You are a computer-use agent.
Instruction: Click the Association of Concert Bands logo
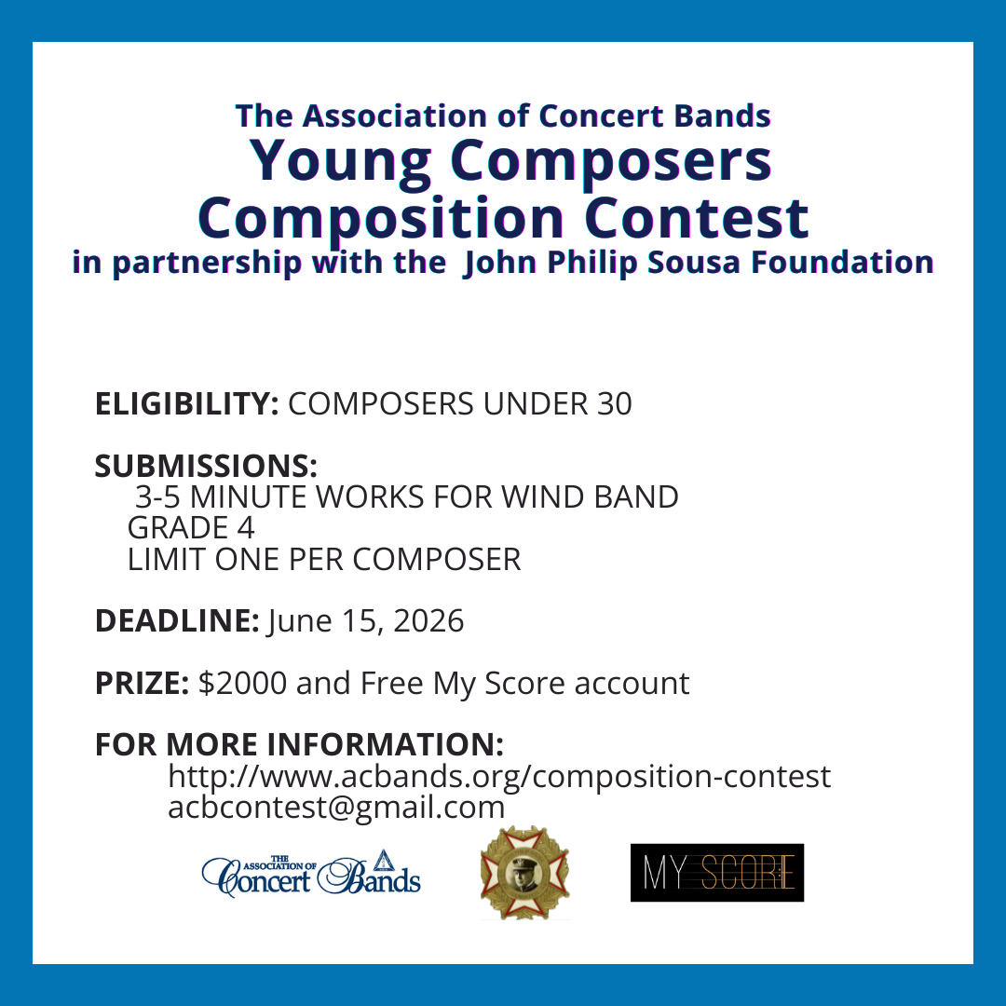(311, 873)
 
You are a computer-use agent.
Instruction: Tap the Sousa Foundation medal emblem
(524, 873)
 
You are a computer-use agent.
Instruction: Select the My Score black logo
(716, 873)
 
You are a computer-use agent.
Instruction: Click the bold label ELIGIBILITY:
(186, 403)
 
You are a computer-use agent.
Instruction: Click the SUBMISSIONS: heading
(206, 466)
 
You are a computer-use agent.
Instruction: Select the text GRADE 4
(191, 527)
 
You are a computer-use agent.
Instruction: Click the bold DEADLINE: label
(177, 620)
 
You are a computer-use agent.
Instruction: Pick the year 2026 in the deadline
(428, 620)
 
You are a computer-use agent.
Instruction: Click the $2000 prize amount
(242, 683)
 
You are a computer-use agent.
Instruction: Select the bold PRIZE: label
(142, 683)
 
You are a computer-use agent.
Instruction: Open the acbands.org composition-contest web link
(499, 776)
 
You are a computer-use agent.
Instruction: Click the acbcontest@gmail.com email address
(336, 807)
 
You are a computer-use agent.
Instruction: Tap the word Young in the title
(340, 161)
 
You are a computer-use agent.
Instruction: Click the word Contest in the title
(696, 217)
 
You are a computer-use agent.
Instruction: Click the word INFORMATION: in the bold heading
(385, 744)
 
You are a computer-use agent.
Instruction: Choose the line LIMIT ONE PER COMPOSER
(324, 559)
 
